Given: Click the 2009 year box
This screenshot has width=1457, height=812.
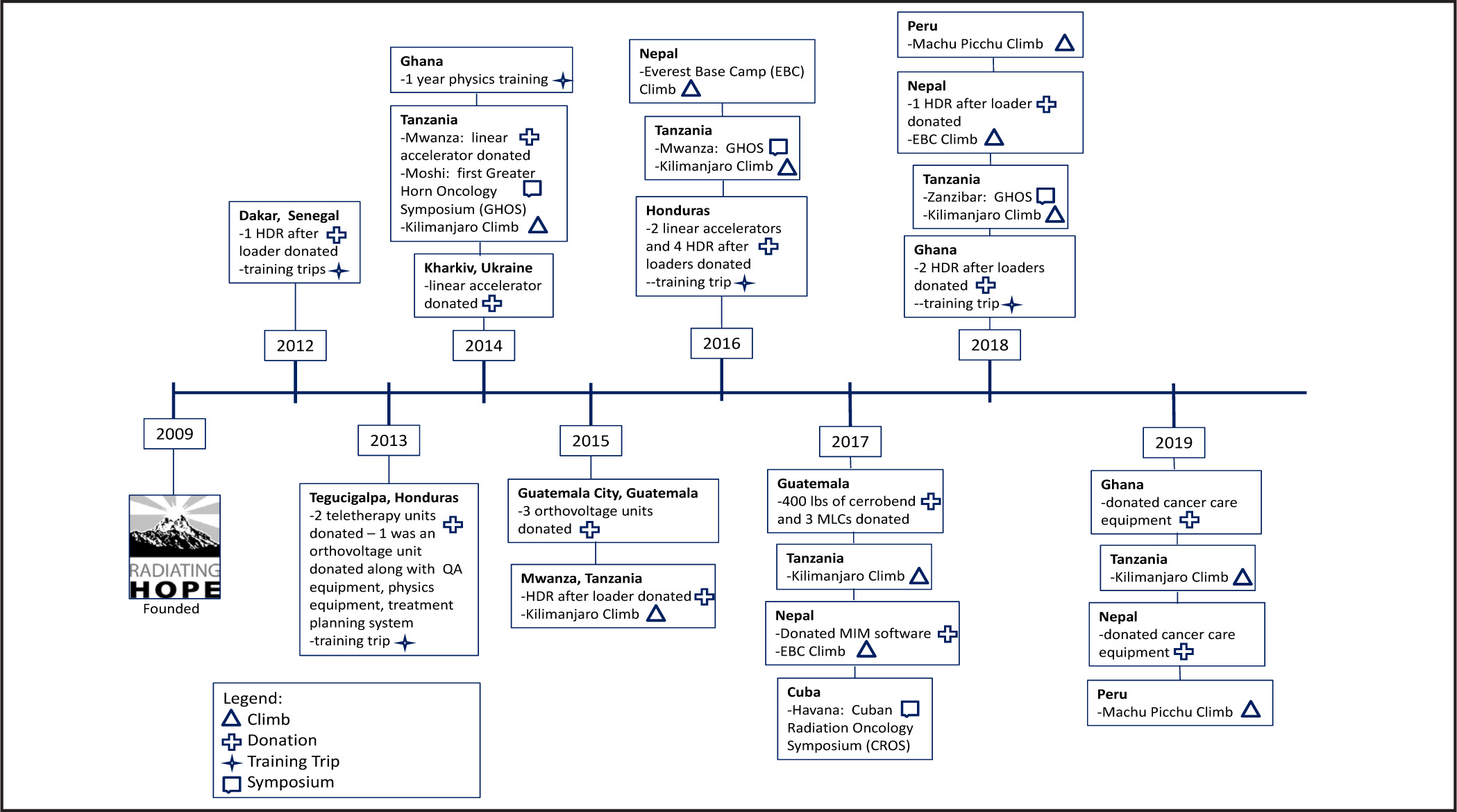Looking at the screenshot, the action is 174,434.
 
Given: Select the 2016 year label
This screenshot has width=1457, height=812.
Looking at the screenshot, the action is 721,343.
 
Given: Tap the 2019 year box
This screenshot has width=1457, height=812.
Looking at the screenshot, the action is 1174,442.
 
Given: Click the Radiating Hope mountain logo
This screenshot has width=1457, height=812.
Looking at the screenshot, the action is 174,547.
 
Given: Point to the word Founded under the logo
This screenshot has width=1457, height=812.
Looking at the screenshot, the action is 171,608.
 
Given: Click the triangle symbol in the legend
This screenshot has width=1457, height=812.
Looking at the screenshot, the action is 231,719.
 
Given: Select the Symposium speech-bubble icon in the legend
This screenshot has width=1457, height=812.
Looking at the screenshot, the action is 231,784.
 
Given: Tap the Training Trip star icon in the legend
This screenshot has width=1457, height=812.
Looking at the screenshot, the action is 231,763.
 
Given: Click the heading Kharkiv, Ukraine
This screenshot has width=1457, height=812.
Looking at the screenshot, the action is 478,267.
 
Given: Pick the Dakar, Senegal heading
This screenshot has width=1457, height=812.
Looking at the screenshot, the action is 289,215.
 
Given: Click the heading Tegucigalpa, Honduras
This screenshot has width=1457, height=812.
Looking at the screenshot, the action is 384,497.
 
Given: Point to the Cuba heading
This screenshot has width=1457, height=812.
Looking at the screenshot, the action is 803,692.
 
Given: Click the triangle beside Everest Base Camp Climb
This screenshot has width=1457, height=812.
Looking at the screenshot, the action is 691,88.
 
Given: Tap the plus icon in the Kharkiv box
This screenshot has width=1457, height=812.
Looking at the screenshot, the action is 491,304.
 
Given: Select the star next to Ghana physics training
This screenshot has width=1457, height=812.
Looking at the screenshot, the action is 562,81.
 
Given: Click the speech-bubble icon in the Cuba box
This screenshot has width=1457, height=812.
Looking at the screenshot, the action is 909,709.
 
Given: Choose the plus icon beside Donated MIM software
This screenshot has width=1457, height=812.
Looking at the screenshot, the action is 948,633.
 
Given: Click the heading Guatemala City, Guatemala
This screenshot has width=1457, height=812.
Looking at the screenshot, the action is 607,493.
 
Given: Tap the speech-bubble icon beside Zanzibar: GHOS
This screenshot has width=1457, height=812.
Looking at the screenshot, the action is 1045,196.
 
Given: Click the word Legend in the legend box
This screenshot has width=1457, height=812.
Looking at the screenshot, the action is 253,698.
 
